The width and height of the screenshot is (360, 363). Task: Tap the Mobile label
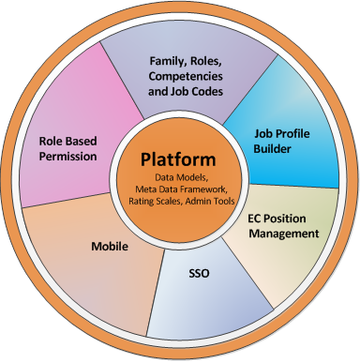pos(110,247)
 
